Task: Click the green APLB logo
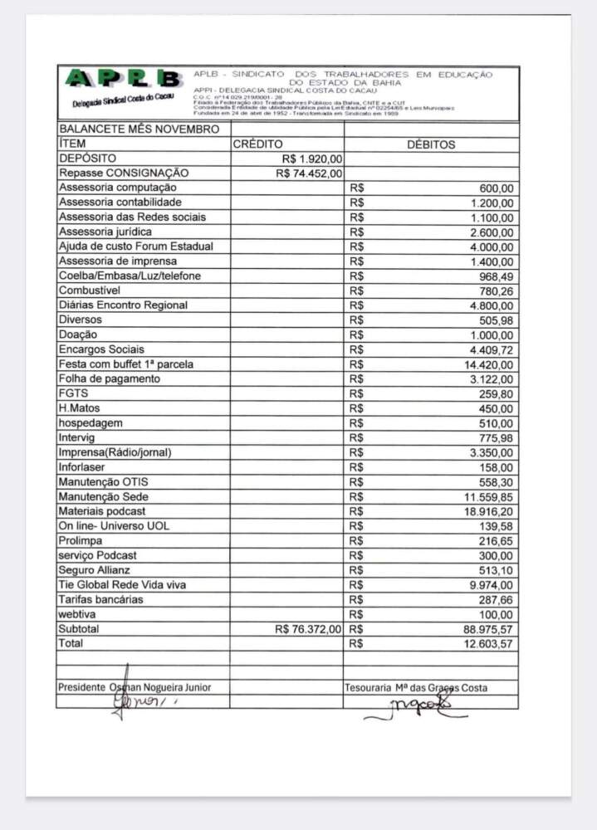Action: tap(123, 80)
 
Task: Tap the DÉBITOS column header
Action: tap(431, 144)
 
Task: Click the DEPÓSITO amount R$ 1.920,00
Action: tap(312, 159)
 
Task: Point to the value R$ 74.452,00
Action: tap(309, 173)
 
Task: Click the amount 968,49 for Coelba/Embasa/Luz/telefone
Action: tap(495, 276)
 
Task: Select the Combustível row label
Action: tap(90, 290)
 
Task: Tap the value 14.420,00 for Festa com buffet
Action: tap(488, 364)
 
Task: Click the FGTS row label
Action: tap(73, 393)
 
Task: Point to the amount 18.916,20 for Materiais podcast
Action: tap(488, 511)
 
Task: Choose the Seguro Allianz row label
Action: tap(94, 570)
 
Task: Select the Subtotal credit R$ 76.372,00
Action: tap(308, 629)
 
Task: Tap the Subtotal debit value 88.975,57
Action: tap(488, 629)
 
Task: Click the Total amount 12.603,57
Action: tap(488, 644)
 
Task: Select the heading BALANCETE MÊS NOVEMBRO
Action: tap(139, 129)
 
